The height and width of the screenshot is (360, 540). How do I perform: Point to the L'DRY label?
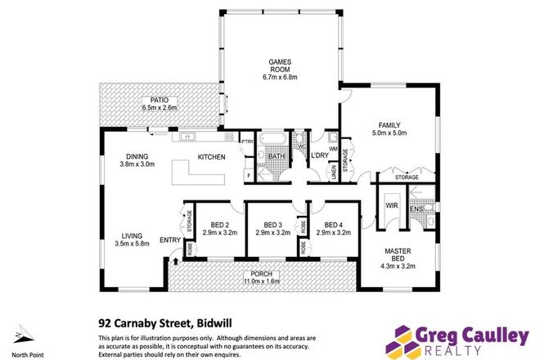pos(317,155)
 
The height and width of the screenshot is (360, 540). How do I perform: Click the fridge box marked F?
pos(248,175)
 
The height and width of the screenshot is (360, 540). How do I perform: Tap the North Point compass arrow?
pos(20,335)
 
